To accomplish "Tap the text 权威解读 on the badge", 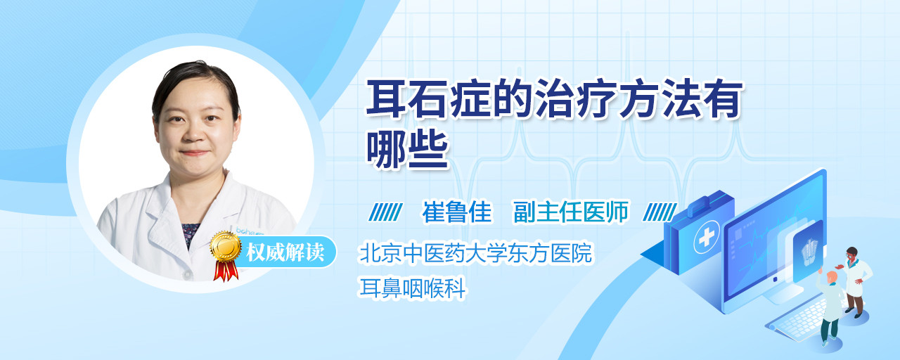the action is [x=285, y=252].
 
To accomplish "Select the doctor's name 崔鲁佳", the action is [x=457, y=212].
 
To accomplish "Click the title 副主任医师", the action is [x=571, y=212].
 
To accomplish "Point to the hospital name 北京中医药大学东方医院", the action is [x=476, y=252].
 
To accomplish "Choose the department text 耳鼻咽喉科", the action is [x=413, y=288].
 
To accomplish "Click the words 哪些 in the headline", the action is [x=407, y=150].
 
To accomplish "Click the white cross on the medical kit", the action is [x=706, y=238].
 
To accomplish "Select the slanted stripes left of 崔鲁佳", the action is [x=385, y=212].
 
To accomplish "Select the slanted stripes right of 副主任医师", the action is [x=660, y=212].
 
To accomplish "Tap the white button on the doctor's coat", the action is [x=187, y=274].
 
